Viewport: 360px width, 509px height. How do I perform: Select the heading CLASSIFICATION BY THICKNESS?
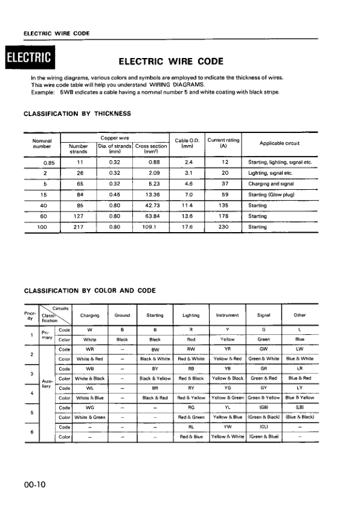click(x=77, y=113)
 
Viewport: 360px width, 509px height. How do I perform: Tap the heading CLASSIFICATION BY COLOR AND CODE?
click(x=89, y=291)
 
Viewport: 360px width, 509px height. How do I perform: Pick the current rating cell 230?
click(x=224, y=227)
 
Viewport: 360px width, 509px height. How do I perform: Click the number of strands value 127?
click(x=79, y=216)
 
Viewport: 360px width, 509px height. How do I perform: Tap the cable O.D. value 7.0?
click(x=188, y=195)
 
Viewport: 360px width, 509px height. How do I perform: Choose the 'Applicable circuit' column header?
click(x=280, y=143)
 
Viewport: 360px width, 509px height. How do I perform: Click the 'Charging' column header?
click(x=89, y=315)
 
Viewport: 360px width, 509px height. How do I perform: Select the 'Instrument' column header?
click(x=228, y=315)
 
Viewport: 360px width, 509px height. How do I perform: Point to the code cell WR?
click(x=89, y=349)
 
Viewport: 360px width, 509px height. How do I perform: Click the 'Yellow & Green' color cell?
click(x=228, y=398)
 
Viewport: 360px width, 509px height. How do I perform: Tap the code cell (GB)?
click(x=263, y=408)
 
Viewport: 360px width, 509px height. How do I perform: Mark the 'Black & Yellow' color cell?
click(x=155, y=378)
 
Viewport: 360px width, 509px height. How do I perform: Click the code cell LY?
click(x=299, y=388)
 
